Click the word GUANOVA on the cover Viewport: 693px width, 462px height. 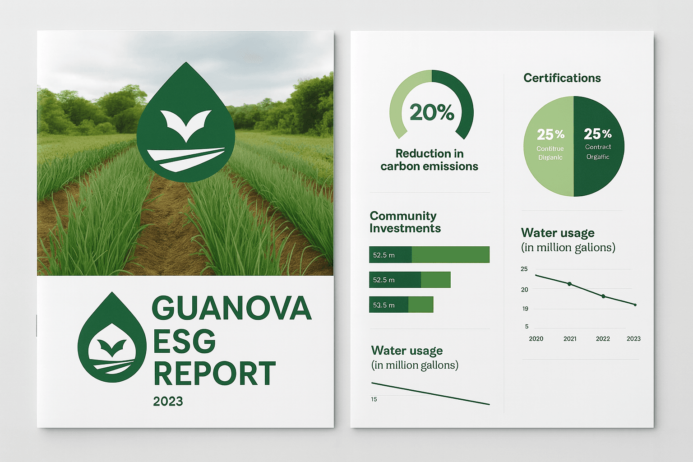tap(231, 308)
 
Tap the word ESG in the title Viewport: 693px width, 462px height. tap(184, 342)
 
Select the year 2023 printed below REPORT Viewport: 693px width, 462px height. tap(168, 402)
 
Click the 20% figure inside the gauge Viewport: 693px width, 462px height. tap(432, 112)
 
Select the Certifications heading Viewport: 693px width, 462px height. tap(562, 78)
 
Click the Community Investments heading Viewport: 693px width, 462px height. tap(405, 222)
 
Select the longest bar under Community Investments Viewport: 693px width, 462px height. tap(429, 254)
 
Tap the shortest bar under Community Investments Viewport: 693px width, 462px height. tap(401, 305)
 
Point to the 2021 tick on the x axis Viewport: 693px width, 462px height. tap(570, 339)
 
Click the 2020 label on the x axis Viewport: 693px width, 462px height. tap(536, 339)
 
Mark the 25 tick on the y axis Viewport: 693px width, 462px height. tap(524, 269)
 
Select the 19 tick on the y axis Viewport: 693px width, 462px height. tap(525, 309)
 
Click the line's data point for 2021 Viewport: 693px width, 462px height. tap(569, 284)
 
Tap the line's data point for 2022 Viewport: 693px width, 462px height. tap(604, 296)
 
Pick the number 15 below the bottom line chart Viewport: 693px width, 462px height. tap(374, 399)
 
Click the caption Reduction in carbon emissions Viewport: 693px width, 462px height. tap(429, 160)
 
